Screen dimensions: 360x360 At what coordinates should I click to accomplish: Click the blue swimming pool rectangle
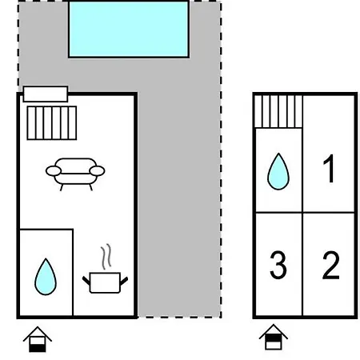(129, 29)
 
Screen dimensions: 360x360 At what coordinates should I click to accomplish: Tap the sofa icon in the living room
(75, 174)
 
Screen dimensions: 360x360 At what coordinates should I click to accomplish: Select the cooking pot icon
(105, 282)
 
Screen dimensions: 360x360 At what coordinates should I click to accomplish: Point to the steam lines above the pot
(106, 257)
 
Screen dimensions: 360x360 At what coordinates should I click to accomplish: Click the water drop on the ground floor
(46, 277)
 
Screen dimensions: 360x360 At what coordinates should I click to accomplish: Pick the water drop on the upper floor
(278, 171)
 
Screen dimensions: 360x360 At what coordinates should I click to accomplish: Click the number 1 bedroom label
(329, 169)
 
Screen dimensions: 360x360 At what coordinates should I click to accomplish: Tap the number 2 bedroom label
(331, 265)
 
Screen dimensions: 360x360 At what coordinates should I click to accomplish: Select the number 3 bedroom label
(278, 265)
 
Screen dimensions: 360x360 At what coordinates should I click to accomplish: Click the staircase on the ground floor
(52, 123)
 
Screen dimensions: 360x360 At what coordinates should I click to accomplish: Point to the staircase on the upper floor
(278, 111)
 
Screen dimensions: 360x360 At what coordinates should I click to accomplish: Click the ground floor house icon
(38, 339)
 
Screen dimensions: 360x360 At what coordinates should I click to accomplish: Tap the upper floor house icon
(274, 337)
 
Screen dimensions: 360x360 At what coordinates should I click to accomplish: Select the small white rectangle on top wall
(46, 94)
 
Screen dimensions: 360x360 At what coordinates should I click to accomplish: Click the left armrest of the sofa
(54, 171)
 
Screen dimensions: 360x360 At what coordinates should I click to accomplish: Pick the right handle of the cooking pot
(124, 281)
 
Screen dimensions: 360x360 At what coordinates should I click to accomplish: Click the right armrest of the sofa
(97, 171)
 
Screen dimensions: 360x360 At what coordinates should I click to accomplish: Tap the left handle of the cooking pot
(86, 281)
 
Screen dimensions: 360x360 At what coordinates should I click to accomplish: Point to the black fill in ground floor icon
(38, 348)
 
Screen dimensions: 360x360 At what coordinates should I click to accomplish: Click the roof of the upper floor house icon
(274, 330)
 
